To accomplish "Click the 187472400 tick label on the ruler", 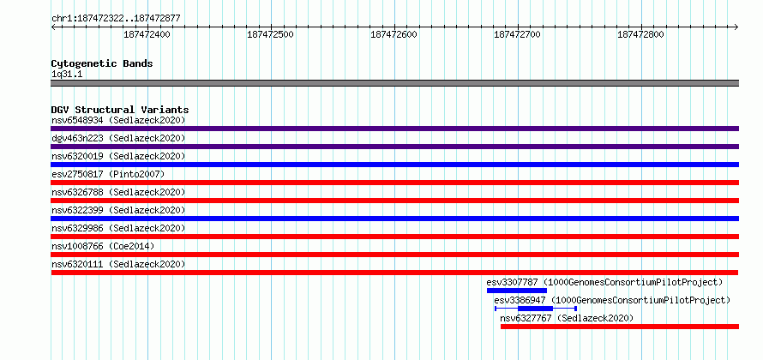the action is [147, 34].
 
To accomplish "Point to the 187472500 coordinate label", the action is [271, 34].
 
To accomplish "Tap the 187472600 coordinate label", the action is [394, 34].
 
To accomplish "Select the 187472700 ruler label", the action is [517, 34].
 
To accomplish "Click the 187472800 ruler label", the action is [640, 34].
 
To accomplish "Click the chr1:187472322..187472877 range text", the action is [116, 19].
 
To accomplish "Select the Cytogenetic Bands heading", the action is [102, 63].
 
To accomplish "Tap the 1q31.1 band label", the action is [67, 74].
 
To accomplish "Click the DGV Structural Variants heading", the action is [120, 110].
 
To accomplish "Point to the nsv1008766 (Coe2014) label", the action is [103, 246].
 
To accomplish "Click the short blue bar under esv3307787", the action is [517, 291].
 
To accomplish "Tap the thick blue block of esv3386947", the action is [535, 309].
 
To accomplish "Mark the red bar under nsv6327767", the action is [620, 327].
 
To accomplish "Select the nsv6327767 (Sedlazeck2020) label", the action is [567, 318].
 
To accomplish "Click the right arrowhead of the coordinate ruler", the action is [736, 27].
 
